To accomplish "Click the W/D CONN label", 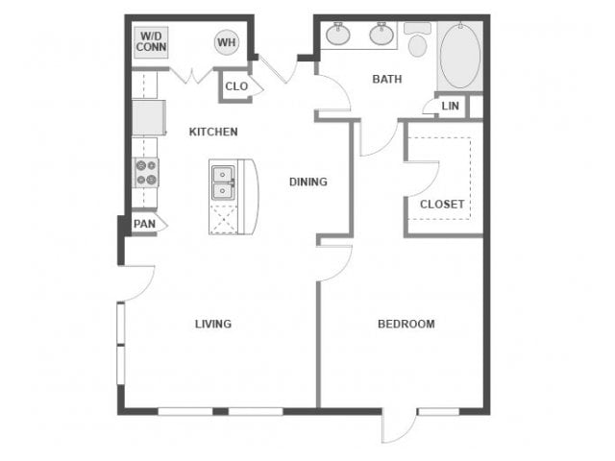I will [149, 41].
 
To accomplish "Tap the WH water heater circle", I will [226, 42].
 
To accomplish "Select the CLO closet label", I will [235, 86].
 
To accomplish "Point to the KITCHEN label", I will [213, 132].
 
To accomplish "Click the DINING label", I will [308, 182].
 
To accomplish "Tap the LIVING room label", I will [212, 324].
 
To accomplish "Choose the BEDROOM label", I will [406, 324].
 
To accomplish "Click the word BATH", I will [387, 79].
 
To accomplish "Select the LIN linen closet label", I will [450, 106].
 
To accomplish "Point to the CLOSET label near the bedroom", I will [442, 204].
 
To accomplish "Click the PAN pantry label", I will [144, 224].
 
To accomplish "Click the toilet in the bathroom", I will [417, 41].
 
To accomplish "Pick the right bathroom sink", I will [382, 36].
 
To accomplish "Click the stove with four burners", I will [146, 173].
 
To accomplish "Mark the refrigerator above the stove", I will [148, 118].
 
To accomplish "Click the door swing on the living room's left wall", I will [139, 279].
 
